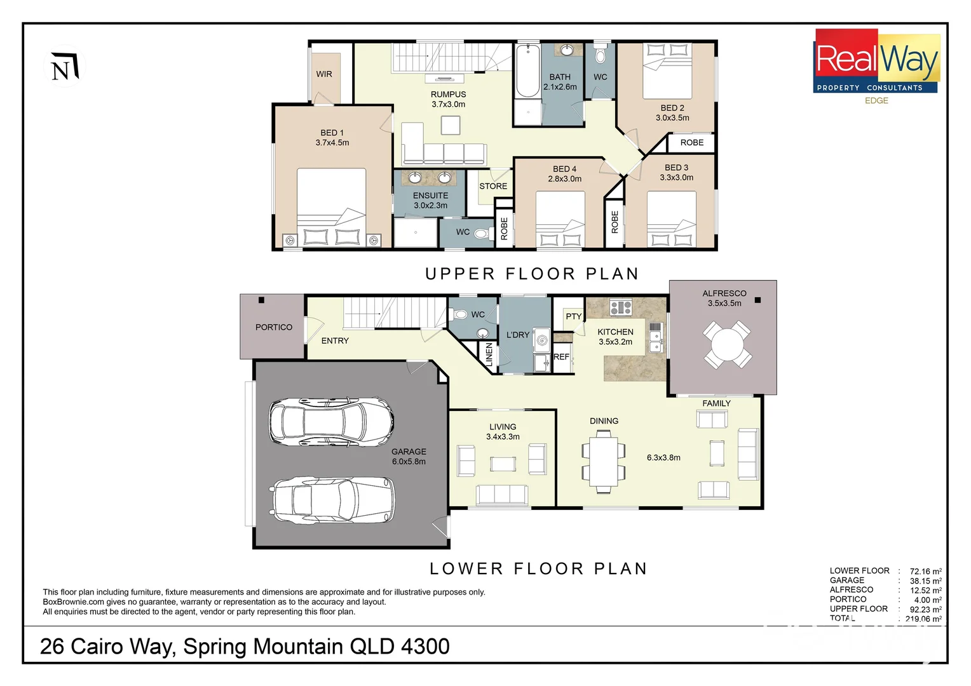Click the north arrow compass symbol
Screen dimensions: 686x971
tap(64, 67)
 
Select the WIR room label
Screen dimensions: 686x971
tap(324, 74)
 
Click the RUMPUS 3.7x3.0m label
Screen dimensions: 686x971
tap(448, 99)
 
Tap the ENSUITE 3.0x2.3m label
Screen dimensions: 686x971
tap(430, 201)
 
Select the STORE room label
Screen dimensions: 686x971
tap(493, 186)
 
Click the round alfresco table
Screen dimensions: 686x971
tap(727, 345)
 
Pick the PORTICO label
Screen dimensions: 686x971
tap(274, 327)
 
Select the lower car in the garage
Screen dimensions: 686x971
tap(333, 501)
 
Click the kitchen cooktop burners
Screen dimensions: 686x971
tap(620, 308)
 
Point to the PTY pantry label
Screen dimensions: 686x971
tap(573, 316)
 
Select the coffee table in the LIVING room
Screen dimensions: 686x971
tap(503, 464)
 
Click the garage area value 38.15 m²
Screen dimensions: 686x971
tap(925, 581)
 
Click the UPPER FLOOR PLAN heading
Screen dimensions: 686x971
tap(532, 274)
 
